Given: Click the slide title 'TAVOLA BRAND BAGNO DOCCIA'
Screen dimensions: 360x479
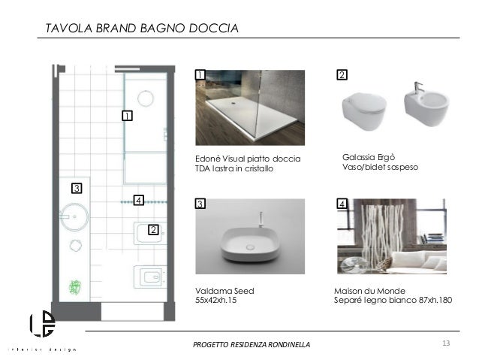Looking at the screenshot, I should [142, 29].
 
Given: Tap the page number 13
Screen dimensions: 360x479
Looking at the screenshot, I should [446, 344].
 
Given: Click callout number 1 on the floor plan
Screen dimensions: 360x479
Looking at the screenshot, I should [127, 116].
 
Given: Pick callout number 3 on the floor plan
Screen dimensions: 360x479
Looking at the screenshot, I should [75, 187].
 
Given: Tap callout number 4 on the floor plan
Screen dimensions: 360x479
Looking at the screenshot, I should [137, 200].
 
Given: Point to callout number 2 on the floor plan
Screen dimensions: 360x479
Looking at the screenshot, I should [152, 230].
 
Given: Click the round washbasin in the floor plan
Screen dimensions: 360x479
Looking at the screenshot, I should [74, 218].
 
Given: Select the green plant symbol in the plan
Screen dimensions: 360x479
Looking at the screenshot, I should [75, 286].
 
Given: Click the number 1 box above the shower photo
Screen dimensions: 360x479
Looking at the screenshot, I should [200, 74].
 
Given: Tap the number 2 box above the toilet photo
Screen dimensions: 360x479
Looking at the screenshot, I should [342, 74].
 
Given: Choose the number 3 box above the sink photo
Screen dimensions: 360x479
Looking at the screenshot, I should [200, 204].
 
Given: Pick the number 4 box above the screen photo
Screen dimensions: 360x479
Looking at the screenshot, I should [342, 204].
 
